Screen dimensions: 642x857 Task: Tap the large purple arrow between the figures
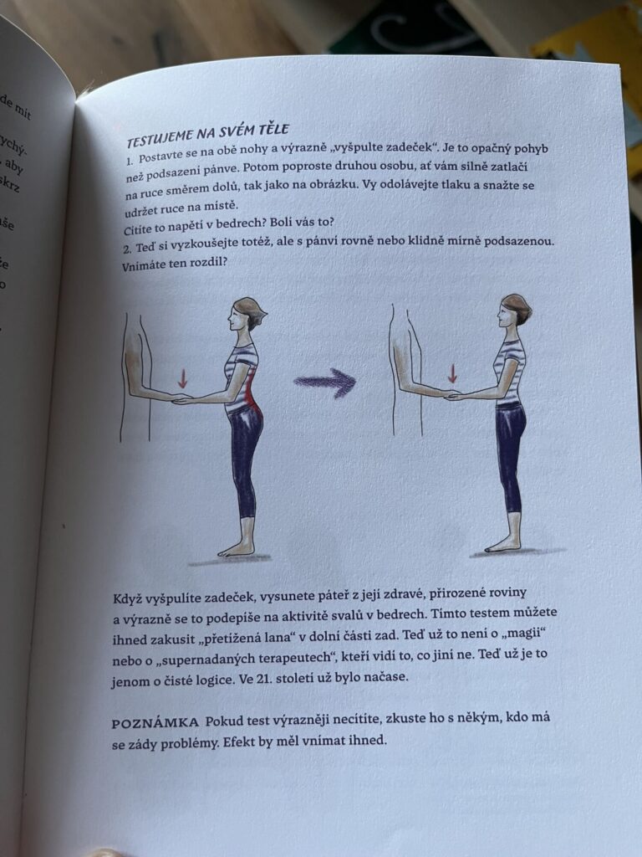[x=325, y=382]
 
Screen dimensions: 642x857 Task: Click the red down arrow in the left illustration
[x=183, y=377]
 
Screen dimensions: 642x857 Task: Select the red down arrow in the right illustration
[x=452, y=374]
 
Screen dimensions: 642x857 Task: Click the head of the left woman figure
[x=247, y=314]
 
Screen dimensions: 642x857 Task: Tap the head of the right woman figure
[x=514, y=310]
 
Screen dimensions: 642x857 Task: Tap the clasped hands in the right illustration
[x=452, y=395]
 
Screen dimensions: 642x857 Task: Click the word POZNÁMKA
[x=155, y=723]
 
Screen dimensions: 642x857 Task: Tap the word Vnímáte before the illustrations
[x=144, y=265]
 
